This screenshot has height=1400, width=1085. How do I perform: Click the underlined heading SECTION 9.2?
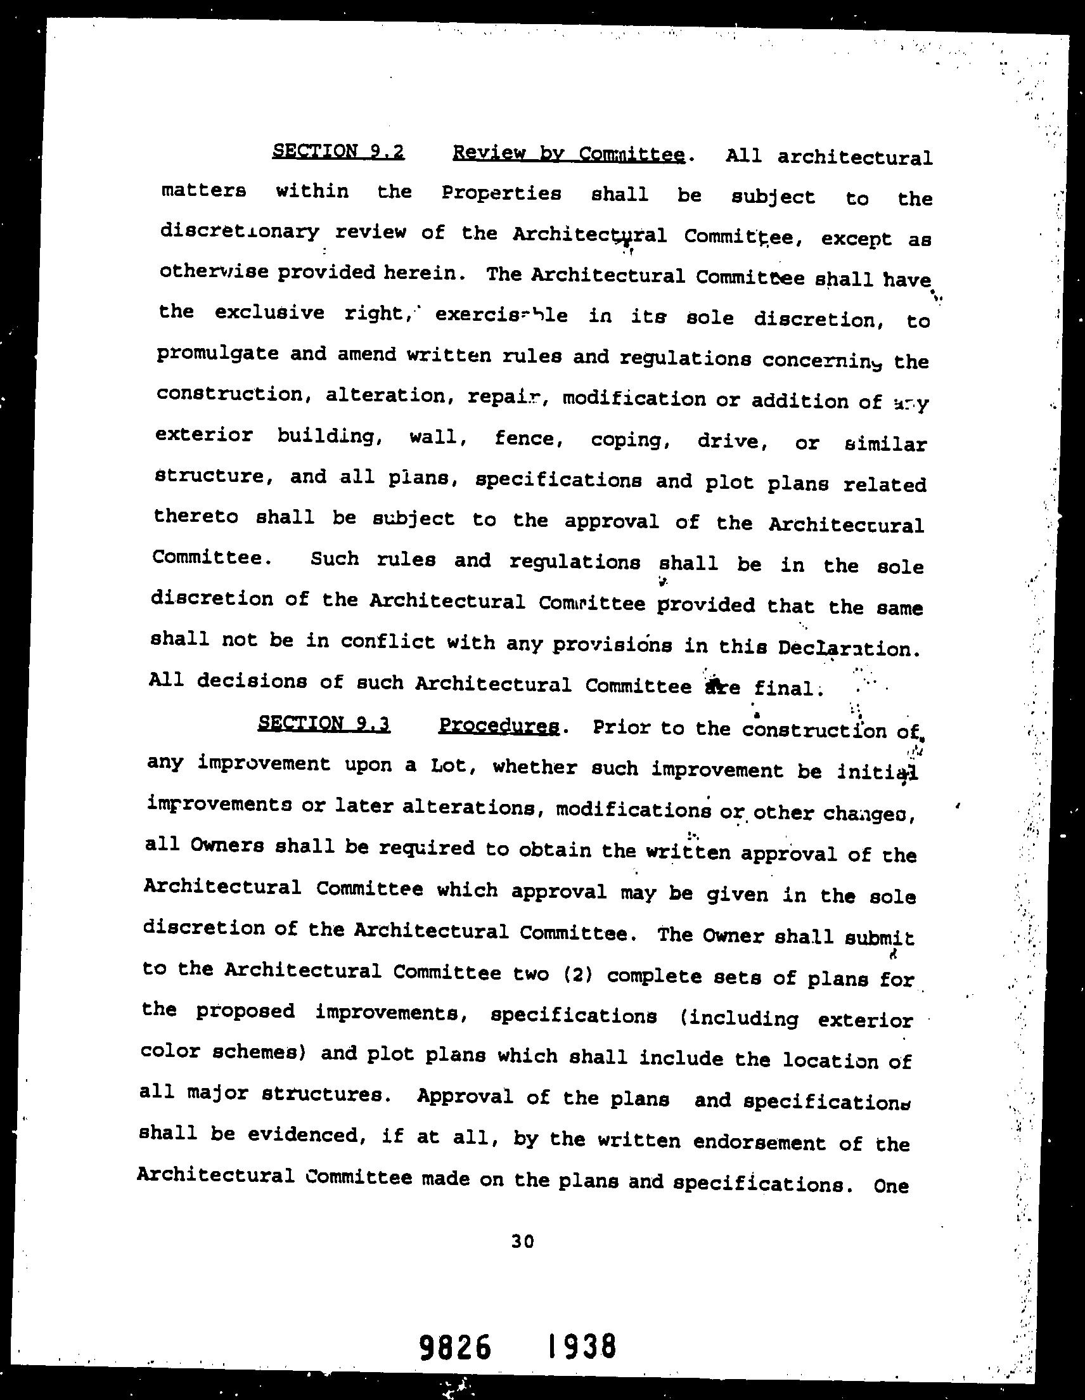[x=338, y=152]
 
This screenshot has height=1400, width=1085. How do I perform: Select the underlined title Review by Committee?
[x=568, y=154]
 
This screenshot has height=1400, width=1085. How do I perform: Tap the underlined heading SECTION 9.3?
[x=324, y=723]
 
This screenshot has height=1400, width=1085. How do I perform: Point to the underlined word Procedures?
[x=499, y=726]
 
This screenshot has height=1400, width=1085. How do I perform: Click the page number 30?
[x=522, y=1241]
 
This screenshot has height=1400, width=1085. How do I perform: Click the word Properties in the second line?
[x=501, y=193]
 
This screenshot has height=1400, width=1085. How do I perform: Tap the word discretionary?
[x=239, y=231]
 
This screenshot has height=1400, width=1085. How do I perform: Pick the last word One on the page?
[x=891, y=1186]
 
